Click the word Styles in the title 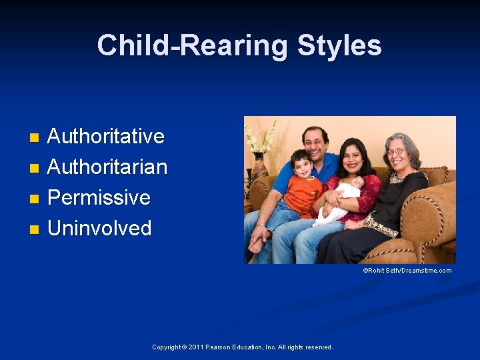point(339,46)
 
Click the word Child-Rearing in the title point(193,46)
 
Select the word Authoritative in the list point(106,136)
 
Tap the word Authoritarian point(107,167)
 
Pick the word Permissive point(99,197)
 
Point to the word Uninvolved point(99,228)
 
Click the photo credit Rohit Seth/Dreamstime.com point(407,271)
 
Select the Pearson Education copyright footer point(242,347)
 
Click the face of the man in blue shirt point(315,143)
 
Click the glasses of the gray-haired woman point(395,152)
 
